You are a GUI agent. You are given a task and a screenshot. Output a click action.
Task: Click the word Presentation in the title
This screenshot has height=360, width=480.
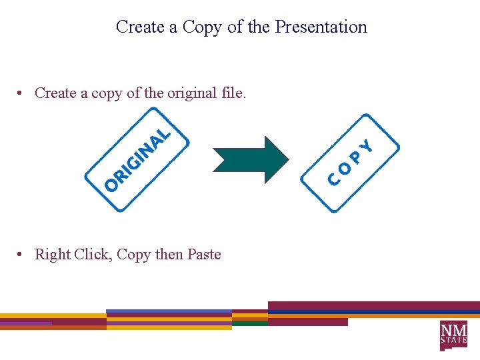(321, 27)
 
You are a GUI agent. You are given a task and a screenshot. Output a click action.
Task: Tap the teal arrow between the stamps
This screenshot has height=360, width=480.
(251, 160)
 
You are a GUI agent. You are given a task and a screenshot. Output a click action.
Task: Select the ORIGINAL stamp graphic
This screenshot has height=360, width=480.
(137, 161)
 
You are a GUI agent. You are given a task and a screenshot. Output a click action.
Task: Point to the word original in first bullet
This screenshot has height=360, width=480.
(191, 93)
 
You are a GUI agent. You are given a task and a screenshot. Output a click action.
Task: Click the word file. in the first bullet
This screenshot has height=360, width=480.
(233, 93)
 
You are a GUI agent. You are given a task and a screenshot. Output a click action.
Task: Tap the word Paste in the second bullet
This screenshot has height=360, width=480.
(204, 254)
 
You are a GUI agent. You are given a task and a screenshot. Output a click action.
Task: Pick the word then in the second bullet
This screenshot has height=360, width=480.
(169, 254)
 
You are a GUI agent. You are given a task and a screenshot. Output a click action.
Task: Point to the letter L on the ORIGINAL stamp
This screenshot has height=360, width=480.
(165, 131)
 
